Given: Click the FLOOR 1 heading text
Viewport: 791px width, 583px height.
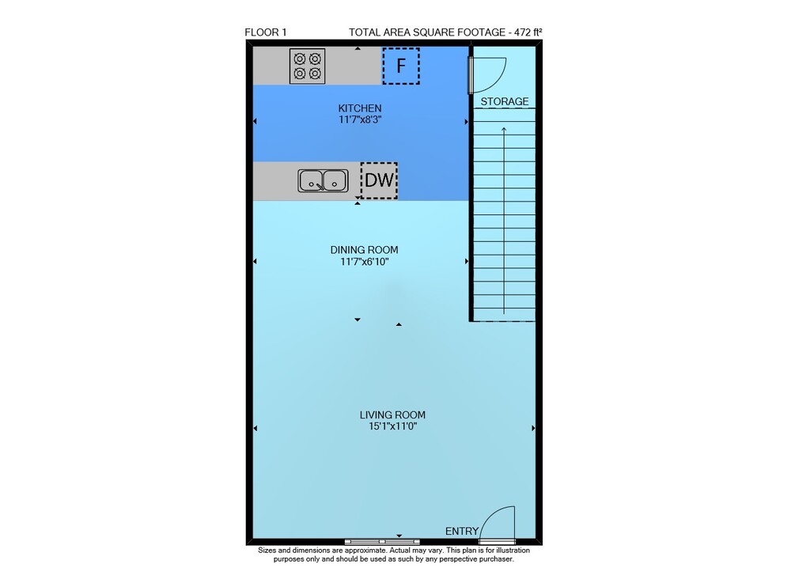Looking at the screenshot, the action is pos(265,32).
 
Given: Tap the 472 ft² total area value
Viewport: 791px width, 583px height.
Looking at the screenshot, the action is pos(528,32).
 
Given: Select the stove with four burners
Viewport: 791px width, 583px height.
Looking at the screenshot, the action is pos(307,66).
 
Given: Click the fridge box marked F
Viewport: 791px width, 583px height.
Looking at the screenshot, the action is pos(401,66).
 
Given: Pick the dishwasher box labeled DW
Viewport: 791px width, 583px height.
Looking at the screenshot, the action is pos(379,180).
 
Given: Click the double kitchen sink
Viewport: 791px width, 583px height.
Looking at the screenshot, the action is pos(323,180).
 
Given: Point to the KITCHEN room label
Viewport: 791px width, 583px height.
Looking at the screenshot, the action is pos(360,108).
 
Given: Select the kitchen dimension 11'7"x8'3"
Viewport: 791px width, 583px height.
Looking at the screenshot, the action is pos(360,120).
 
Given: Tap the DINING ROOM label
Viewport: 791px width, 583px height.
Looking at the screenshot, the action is pos(364,250).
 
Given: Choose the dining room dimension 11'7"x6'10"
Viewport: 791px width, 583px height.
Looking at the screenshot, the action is pos(364,262).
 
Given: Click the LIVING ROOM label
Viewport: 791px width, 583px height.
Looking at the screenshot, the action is pos(392,415).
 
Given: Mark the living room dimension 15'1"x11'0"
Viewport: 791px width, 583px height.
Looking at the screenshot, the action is pos(392,426).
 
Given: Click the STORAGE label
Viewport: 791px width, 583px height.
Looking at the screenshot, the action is pos(505,101).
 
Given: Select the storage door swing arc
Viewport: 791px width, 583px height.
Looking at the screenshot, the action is pos(497,81).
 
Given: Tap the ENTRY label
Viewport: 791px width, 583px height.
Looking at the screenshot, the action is pos(462,531).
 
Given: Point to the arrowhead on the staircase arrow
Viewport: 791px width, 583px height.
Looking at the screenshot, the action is pos(503,130).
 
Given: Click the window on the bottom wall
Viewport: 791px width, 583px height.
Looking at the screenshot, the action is pos(382,542).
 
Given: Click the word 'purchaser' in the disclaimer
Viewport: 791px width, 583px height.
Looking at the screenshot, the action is pos(497,559).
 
